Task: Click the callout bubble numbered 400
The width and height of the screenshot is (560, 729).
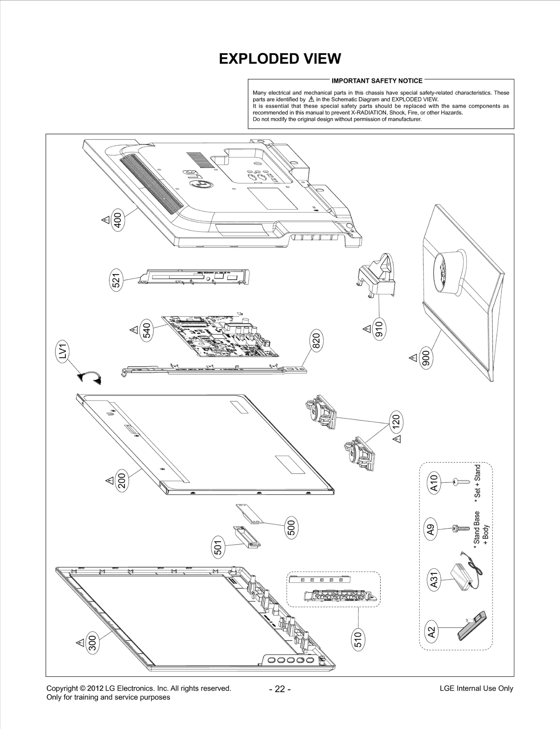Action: [x=118, y=220]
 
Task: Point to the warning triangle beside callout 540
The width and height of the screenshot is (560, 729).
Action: [x=134, y=330]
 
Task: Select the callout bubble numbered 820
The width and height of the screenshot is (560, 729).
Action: [x=316, y=341]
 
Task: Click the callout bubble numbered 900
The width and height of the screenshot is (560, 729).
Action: [x=427, y=358]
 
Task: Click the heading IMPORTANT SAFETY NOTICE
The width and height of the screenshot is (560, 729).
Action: [x=377, y=81]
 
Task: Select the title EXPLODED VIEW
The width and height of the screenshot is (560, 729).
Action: [x=280, y=59]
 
